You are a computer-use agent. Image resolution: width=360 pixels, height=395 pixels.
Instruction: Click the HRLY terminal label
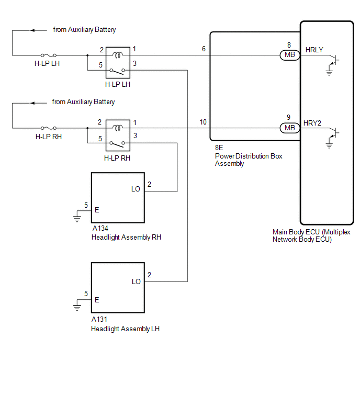click(314, 50)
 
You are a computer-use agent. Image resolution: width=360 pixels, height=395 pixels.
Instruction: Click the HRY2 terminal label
click(312, 123)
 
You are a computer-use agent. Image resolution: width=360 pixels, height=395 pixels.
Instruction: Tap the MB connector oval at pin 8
click(290, 54)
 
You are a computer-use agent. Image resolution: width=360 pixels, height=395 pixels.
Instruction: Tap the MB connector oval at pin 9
click(290, 128)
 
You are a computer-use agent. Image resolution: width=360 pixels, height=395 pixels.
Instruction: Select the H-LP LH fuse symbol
click(49, 55)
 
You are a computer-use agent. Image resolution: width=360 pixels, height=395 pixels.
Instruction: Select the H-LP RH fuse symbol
click(49, 128)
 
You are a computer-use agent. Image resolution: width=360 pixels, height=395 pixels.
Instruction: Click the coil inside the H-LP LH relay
click(118, 54)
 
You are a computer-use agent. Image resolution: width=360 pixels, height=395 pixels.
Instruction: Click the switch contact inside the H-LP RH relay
click(117, 143)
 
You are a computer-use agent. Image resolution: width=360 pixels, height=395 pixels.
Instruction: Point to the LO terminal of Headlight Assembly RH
click(136, 189)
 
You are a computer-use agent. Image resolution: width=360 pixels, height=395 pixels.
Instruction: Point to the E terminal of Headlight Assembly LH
click(97, 300)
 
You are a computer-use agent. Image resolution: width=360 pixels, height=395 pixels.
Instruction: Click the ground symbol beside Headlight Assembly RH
click(77, 218)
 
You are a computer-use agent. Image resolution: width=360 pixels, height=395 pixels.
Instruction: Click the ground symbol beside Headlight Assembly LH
click(77, 307)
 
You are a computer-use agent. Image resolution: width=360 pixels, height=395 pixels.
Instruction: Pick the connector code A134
click(100, 228)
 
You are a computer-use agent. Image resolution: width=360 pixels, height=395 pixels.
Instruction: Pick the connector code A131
click(99, 319)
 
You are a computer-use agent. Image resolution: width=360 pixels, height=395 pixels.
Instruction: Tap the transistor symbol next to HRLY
click(334, 61)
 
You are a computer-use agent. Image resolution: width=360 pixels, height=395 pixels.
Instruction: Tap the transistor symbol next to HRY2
click(334, 133)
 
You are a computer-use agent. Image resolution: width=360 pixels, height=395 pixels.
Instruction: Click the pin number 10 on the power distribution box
click(203, 122)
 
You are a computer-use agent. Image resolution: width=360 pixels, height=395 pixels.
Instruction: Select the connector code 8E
click(219, 148)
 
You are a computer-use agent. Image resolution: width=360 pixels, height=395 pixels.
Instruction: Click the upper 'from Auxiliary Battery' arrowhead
click(32, 30)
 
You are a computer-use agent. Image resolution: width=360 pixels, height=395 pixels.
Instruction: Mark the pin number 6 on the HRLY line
click(204, 49)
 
